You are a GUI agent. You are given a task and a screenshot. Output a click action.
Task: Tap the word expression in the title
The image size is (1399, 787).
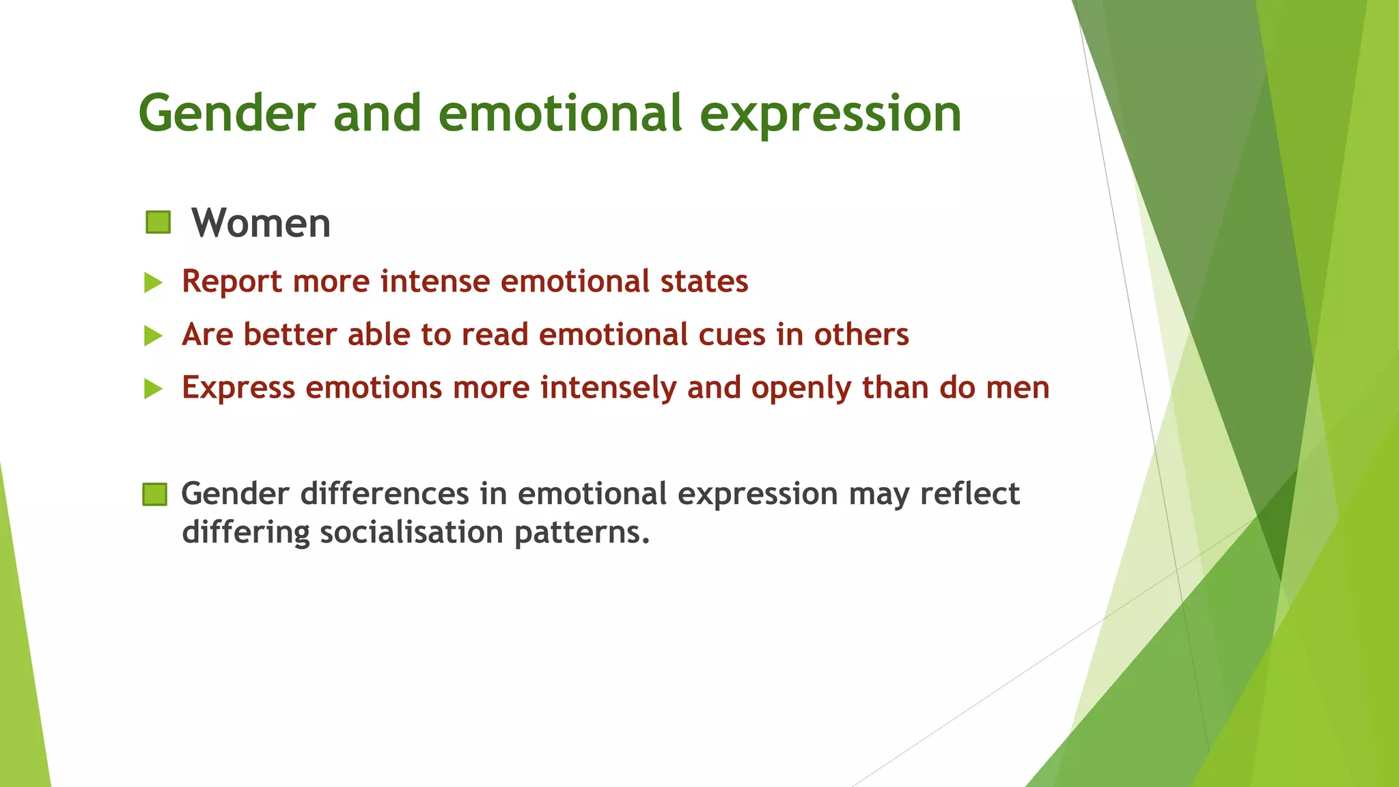click(831, 114)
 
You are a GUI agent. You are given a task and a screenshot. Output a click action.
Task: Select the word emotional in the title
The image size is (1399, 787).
click(559, 113)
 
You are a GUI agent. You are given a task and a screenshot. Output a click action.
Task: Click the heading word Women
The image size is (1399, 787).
click(261, 223)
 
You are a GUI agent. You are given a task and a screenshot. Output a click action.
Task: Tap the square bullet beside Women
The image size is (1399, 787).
click(158, 223)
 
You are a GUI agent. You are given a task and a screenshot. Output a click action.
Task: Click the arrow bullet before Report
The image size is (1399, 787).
click(154, 282)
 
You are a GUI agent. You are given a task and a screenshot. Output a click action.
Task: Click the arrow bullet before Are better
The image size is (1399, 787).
click(154, 335)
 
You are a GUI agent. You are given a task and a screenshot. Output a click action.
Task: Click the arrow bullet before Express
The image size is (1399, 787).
click(154, 389)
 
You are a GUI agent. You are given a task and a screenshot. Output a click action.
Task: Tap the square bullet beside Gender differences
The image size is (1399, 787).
click(155, 494)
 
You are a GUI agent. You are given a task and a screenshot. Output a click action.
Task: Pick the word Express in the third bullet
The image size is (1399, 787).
click(238, 388)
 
